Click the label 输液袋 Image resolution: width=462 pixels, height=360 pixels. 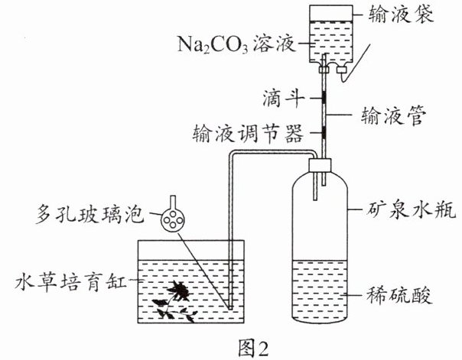tap(401, 14)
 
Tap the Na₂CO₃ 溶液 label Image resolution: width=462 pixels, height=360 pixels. tap(236, 44)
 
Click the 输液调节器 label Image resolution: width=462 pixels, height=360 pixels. tap(248, 133)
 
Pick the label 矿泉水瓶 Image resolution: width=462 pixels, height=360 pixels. tap(412, 209)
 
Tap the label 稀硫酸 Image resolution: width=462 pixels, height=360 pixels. tap(399, 295)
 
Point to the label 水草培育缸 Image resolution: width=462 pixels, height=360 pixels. tap(71, 281)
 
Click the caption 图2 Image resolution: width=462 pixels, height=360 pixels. tap(253, 349)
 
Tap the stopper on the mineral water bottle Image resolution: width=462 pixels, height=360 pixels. tap(320, 166)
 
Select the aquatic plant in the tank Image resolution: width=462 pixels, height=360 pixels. tap(176, 301)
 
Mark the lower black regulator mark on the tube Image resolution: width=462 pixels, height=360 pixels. tap(324, 132)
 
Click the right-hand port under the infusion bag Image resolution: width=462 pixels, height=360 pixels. tap(342, 70)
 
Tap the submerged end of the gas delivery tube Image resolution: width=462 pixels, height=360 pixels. tap(231, 307)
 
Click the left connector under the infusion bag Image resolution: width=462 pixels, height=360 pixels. tap(324, 70)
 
